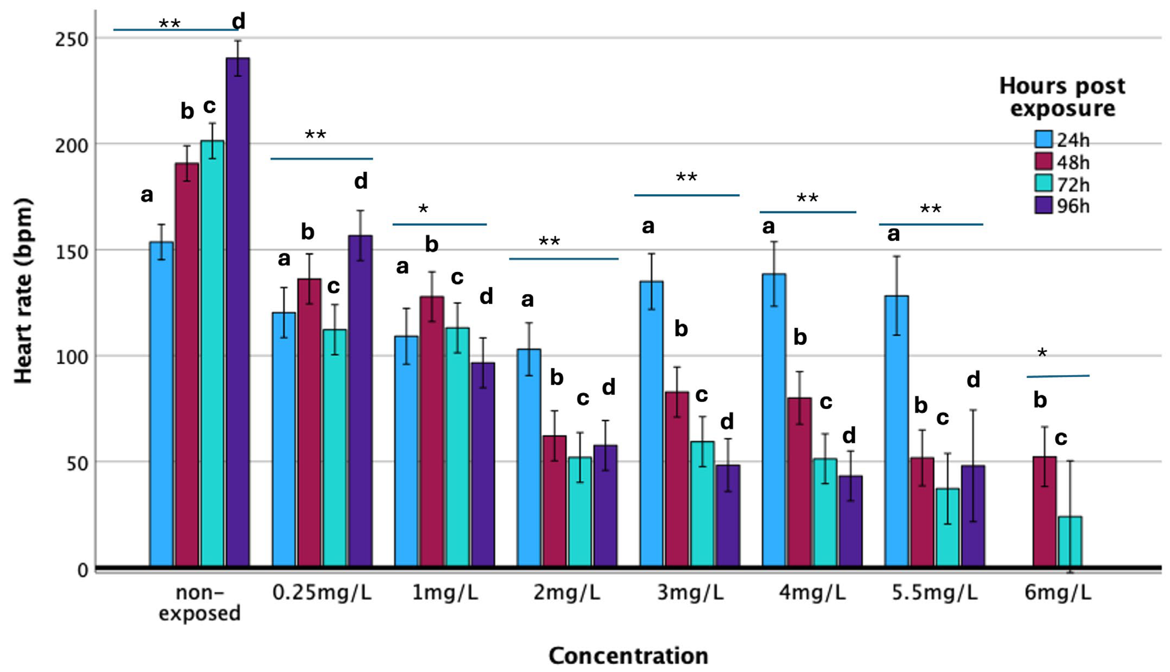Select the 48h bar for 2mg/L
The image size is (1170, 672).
coord(554,501)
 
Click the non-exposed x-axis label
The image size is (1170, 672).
coord(199,603)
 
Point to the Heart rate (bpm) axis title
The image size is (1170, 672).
coord(23,291)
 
